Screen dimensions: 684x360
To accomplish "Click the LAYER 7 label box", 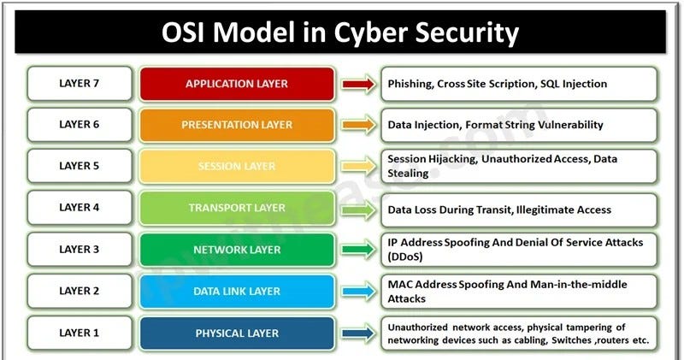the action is (x=80, y=84).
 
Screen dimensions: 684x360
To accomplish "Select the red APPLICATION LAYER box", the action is (x=237, y=84).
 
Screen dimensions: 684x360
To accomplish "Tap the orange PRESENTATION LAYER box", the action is (x=237, y=125).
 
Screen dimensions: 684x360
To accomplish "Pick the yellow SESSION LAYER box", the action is (x=237, y=166).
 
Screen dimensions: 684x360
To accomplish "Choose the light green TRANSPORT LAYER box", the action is (x=237, y=208).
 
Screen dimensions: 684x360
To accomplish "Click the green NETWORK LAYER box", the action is (x=237, y=250).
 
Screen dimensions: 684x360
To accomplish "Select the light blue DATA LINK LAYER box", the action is (x=237, y=292).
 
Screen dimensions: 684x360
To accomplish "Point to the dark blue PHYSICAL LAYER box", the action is (x=237, y=333).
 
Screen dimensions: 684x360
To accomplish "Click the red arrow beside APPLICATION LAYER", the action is (x=357, y=84).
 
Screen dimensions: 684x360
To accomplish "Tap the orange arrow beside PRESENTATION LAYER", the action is (x=357, y=125).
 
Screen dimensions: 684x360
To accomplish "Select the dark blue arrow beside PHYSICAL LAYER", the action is (x=357, y=333).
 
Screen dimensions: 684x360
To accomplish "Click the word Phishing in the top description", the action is (x=410, y=84).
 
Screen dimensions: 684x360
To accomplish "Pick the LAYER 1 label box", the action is (x=80, y=333).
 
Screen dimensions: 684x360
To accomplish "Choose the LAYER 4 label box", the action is (x=80, y=208).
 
